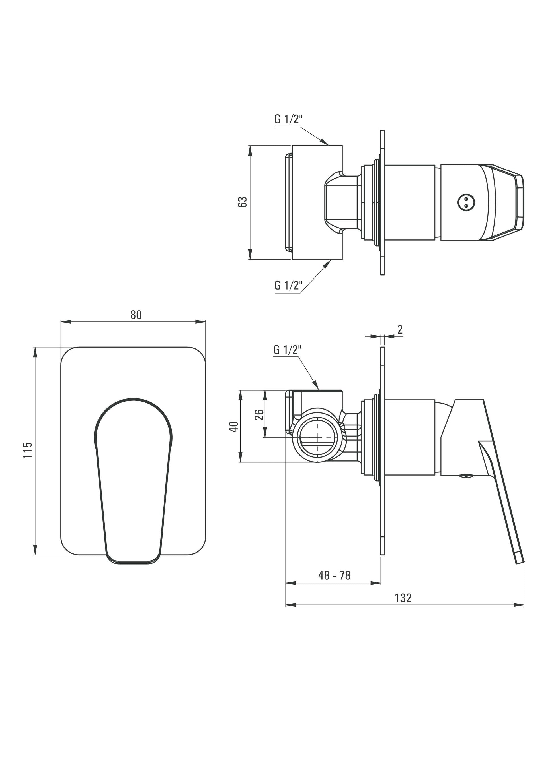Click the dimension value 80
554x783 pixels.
click(136, 315)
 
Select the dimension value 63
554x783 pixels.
click(242, 202)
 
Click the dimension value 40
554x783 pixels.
click(234, 427)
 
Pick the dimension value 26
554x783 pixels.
click(260, 415)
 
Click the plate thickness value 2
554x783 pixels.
click(400, 329)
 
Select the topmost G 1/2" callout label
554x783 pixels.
click(288, 119)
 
